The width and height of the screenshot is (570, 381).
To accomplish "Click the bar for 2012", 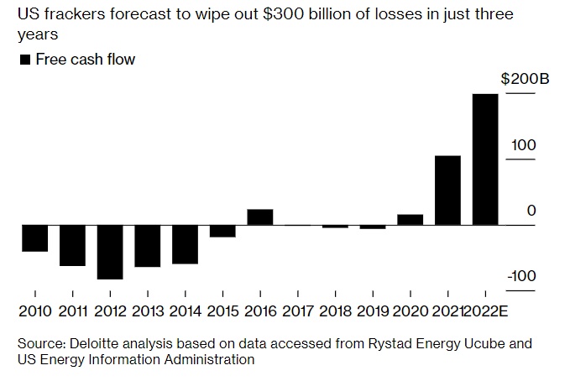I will coord(110,252).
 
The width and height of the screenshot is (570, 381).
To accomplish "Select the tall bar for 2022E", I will coord(485,159).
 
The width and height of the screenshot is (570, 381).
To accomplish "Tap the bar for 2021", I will coord(447,190).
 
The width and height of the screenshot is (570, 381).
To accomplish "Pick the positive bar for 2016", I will coord(260,217).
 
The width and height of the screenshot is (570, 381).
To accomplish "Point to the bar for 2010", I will coord(34,238).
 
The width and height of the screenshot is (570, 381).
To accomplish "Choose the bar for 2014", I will coord(185,244).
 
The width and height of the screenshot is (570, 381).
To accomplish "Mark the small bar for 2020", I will coord(410,220).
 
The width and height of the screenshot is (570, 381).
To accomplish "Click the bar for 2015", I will coord(222,231).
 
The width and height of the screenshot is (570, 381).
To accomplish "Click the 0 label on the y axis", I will coord(531,211).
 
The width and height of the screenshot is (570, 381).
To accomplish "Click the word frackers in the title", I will coord(71,16).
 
